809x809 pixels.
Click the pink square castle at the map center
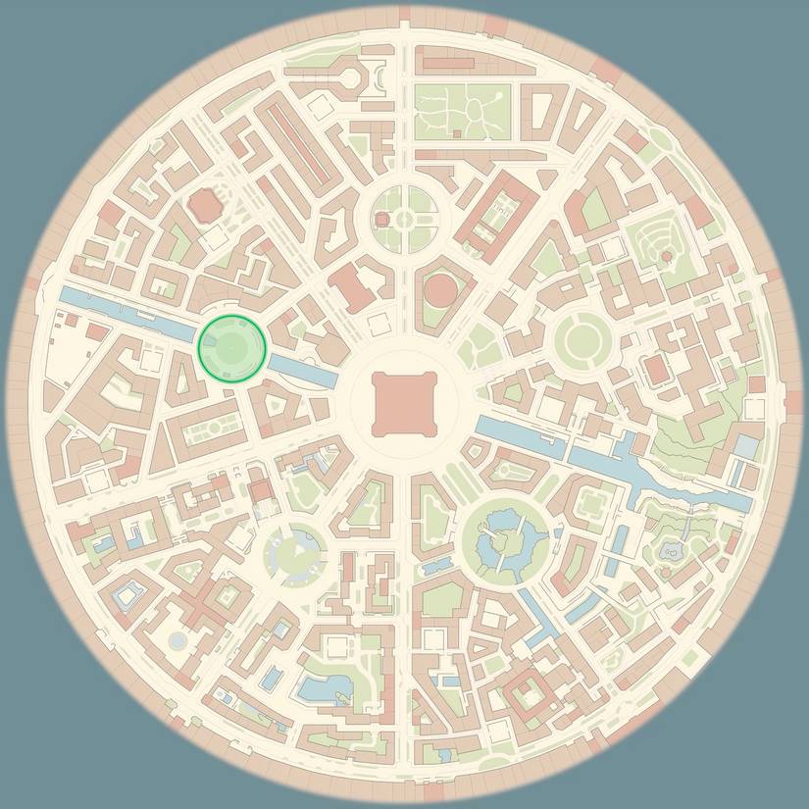pyautogui.click(x=403, y=403)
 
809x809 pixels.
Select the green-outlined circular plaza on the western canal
pyautogui.click(x=231, y=346)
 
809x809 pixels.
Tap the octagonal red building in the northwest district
pyautogui.click(x=204, y=206)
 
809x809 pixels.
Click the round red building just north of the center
pyautogui.click(x=442, y=290)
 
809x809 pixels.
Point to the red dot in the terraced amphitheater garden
pyautogui.click(x=667, y=256)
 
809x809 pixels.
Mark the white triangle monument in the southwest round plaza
pyautogui.click(x=296, y=550)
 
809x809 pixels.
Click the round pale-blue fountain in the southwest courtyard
pyautogui.click(x=177, y=640)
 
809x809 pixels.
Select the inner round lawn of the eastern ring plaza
pyautogui.click(x=581, y=338)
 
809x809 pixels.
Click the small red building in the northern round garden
pyautogui.click(x=382, y=219)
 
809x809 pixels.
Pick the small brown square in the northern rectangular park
pyautogui.click(x=456, y=132)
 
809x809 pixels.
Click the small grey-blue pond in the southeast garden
pyautogui.click(x=672, y=551)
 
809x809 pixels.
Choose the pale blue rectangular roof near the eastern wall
pyautogui.click(x=747, y=447)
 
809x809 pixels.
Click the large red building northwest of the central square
pyautogui.click(x=349, y=288)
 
